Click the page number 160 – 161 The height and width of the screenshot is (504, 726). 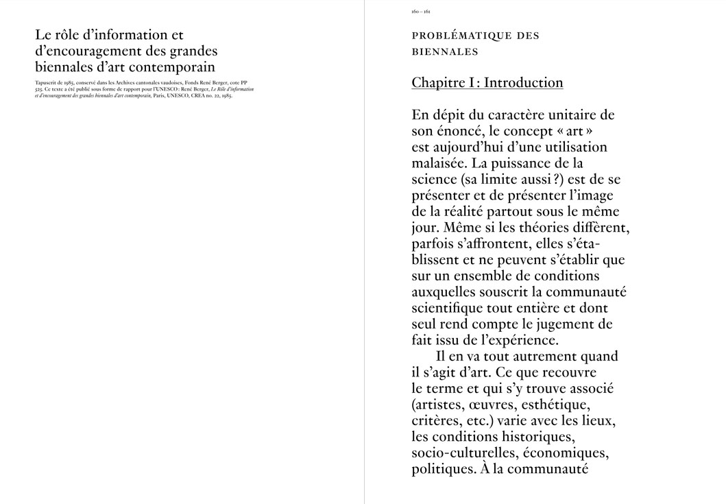point(421,12)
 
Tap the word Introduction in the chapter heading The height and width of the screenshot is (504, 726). point(523,83)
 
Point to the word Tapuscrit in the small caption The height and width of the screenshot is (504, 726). point(45,83)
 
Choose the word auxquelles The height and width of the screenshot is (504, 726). point(445,292)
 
